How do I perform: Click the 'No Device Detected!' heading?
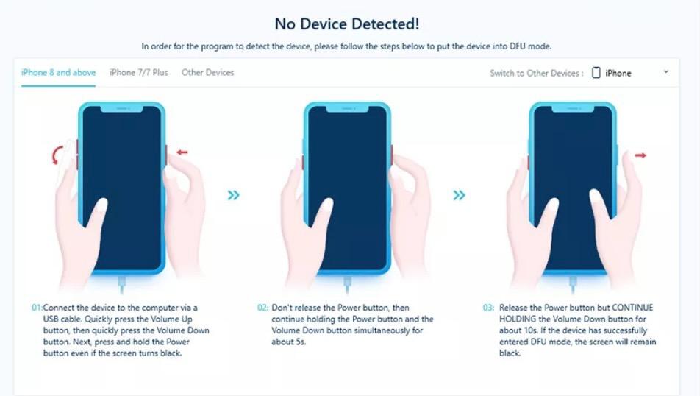[347, 24]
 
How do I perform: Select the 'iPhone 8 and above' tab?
[59, 72]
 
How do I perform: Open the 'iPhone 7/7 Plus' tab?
[139, 72]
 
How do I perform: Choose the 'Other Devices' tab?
[207, 72]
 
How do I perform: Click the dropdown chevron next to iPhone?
[666, 72]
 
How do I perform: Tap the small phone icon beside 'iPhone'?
[596, 72]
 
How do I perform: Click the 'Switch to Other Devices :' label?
[537, 74]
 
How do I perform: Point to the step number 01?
[37, 308]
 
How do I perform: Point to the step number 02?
[263, 308]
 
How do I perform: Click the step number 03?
[488, 308]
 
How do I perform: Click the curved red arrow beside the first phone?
[55, 155]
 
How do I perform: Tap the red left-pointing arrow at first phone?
[182, 152]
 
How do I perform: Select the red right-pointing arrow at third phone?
[640, 155]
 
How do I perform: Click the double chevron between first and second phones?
[234, 195]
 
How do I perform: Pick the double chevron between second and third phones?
[459, 195]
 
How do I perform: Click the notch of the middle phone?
[347, 109]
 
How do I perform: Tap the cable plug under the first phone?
[121, 284]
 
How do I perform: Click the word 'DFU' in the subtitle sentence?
[518, 46]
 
